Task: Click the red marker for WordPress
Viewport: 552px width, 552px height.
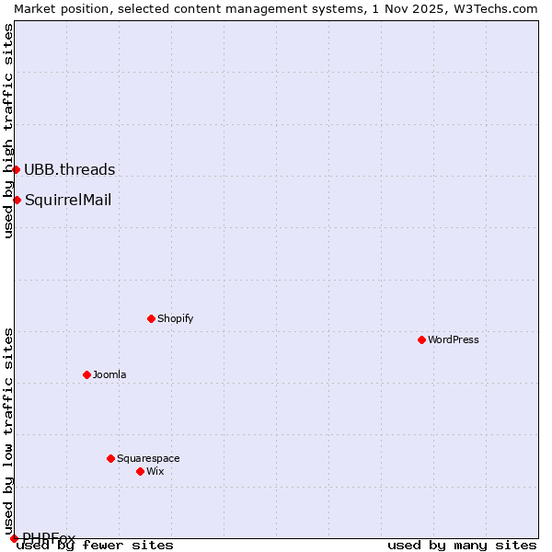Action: (x=422, y=339)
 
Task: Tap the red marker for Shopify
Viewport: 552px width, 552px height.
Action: (x=152, y=318)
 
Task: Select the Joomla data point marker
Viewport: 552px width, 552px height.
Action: (x=87, y=374)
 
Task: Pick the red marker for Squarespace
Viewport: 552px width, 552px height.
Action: (x=111, y=458)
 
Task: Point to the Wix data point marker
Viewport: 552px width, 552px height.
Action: (x=141, y=471)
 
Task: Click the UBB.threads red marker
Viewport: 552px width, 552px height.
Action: (x=17, y=169)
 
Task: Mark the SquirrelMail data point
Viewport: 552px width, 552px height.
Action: (x=17, y=200)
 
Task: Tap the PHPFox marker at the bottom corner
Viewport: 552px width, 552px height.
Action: (x=14, y=538)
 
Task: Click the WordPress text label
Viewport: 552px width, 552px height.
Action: (x=454, y=339)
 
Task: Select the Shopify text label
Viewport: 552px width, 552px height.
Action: (x=175, y=318)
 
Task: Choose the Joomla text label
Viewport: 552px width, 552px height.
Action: (x=109, y=374)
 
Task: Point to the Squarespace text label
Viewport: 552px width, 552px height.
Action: (x=148, y=458)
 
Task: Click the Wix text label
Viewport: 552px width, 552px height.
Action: (x=155, y=471)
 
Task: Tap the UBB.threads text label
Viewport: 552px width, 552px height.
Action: (x=70, y=169)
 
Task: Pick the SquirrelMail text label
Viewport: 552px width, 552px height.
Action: (x=68, y=200)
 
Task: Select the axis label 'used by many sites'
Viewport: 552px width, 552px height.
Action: (x=462, y=546)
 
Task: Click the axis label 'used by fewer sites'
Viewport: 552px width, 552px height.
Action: (x=96, y=546)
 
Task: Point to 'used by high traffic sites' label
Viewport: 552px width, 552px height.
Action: (x=8, y=131)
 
